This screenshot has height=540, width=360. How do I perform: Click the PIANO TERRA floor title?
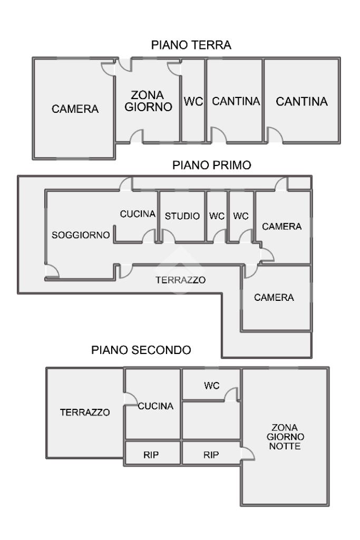point(191,45)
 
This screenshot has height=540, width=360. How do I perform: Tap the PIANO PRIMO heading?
point(212,165)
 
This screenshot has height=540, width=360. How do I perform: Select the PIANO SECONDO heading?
point(141,349)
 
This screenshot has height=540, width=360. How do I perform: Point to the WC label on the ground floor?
point(193,102)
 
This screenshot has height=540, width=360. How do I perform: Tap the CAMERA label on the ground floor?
point(75,109)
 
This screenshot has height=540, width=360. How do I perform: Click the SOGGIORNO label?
point(81,235)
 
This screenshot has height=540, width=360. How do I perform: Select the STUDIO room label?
point(182,215)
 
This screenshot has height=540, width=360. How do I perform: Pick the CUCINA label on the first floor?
point(138,214)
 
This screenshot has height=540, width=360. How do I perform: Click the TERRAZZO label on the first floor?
point(180,280)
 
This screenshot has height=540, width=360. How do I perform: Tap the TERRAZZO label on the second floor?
point(85,413)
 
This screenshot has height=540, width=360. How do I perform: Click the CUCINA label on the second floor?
point(156,406)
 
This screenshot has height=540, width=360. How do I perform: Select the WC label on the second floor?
point(211,386)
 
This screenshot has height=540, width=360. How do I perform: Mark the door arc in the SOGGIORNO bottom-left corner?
point(52,271)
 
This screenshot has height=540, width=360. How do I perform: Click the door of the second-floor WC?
point(231,394)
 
